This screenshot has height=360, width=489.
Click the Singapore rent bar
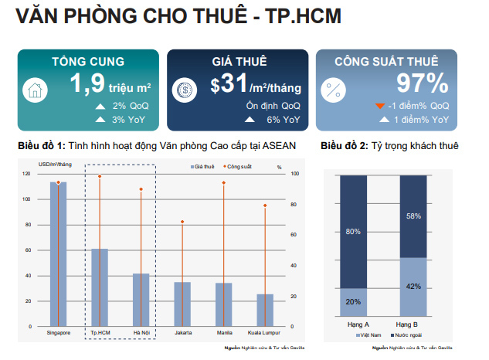59,255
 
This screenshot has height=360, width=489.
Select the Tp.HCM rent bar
100,286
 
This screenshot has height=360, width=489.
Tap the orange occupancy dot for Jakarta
182,222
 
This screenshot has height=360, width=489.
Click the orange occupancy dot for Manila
223,183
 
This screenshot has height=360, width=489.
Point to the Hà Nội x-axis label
141,333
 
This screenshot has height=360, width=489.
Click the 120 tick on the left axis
28,174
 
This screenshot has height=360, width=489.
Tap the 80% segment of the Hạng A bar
353,232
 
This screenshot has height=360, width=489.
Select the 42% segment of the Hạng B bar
413,286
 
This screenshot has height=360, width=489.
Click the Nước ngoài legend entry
404,336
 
